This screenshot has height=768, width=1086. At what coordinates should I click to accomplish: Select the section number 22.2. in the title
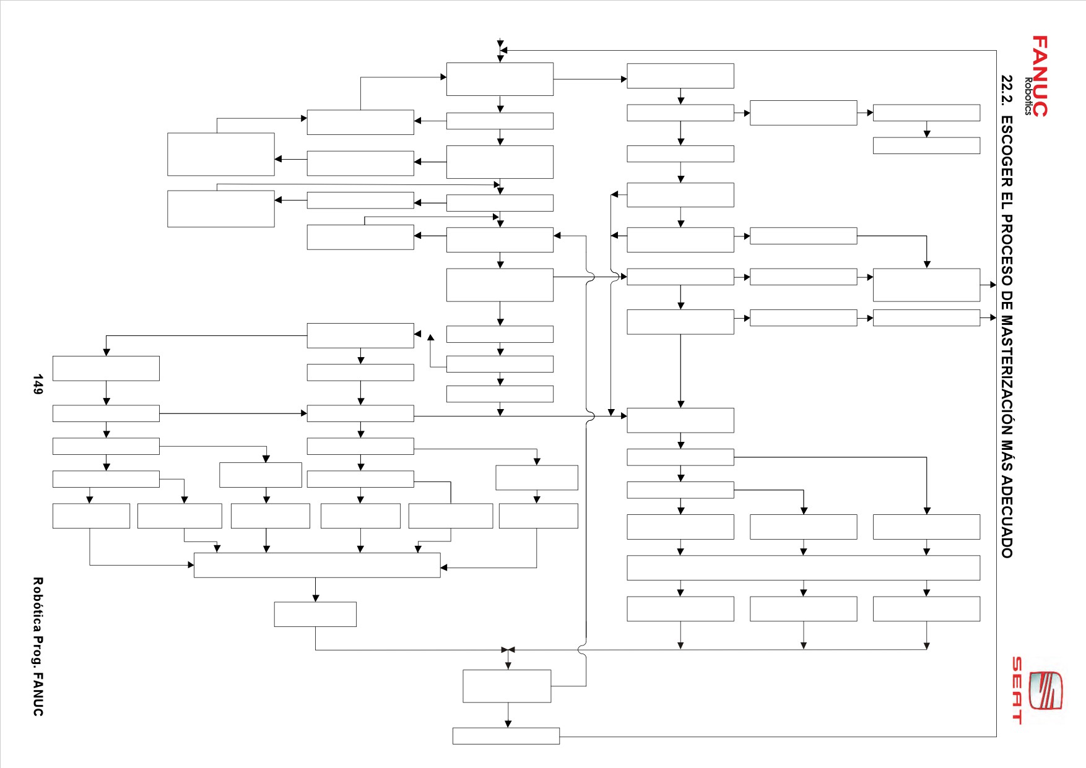coord(1007,90)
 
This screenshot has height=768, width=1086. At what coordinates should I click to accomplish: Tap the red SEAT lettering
coord(1017,690)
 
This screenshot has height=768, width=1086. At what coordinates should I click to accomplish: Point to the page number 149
coord(38,384)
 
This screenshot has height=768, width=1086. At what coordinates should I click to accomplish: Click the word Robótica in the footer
coord(38,600)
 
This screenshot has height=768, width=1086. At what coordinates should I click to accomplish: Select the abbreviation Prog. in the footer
coord(38,644)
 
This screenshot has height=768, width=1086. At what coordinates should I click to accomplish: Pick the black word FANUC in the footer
coord(38,690)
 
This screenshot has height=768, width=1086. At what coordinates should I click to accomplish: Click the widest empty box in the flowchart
coord(803,567)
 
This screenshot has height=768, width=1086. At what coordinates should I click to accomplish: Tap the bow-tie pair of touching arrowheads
coord(508,650)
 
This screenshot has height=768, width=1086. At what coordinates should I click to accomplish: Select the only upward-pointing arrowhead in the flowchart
coord(430,337)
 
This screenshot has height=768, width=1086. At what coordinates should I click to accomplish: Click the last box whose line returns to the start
coord(506,736)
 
